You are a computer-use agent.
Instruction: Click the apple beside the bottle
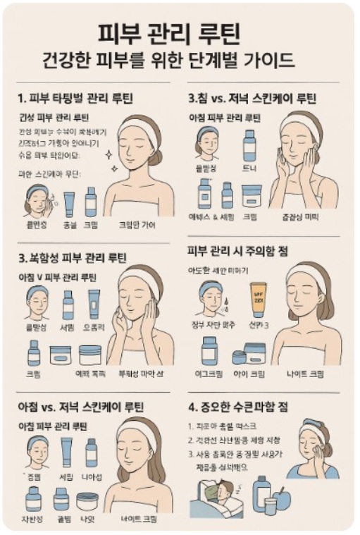282,498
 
